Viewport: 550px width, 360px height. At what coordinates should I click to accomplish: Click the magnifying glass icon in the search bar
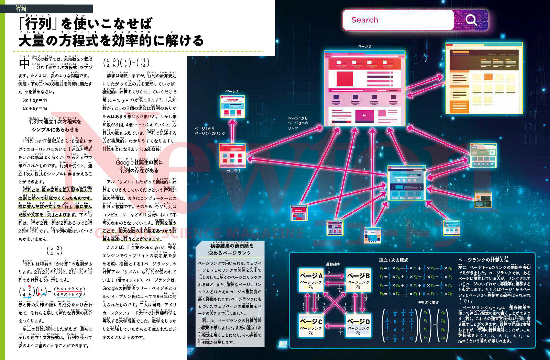click(471, 20)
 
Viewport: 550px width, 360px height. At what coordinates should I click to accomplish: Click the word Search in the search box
click(365, 20)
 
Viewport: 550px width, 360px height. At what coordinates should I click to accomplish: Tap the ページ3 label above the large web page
click(364, 46)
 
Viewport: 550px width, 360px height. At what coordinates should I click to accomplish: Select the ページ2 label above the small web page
click(232, 92)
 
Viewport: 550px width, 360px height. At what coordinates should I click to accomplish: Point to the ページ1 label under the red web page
click(233, 171)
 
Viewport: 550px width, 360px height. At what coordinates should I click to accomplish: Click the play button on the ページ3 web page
click(364, 115)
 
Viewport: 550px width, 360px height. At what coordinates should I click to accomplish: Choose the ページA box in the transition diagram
click(311, 280)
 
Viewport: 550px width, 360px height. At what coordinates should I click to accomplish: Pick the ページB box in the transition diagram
click(358, 280)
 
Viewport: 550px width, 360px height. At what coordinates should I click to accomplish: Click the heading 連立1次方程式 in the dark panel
click(394, 260)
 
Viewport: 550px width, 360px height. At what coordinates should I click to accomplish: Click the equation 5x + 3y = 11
click(35, 100)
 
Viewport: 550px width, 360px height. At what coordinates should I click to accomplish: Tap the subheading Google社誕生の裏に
click(139, 162)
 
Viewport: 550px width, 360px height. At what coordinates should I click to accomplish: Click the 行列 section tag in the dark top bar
click(21, 9)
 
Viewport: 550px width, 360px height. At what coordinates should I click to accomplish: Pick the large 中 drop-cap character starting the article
click(24, 63)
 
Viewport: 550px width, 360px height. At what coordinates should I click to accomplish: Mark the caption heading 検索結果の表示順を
click(232, 246)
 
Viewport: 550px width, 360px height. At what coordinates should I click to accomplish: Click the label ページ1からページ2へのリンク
click(210, 131)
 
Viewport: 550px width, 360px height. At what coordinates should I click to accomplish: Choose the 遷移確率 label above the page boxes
click(333, 264)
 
